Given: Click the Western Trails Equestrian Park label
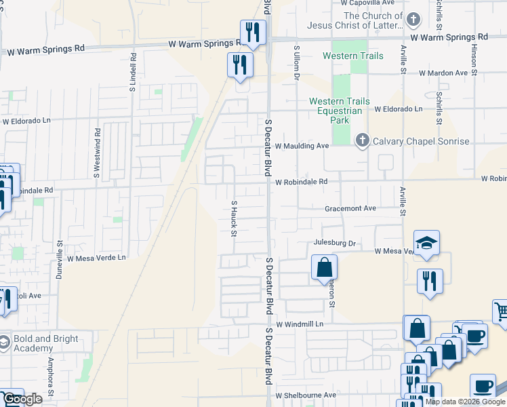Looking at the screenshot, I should point(340,111).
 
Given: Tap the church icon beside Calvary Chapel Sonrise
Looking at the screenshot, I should point(362,140).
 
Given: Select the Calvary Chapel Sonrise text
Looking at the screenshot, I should point(421,141).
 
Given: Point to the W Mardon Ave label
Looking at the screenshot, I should point(443,73).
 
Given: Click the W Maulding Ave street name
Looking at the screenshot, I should point(302,146).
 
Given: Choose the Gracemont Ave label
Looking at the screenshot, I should point(350,208).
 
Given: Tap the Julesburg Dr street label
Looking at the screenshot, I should point(335,243).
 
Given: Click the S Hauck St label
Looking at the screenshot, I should point(234,218).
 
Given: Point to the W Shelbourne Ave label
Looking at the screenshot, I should point(306,395).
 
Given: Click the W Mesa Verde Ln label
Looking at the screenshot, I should point(96,258).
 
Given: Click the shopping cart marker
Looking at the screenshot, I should point(501,311).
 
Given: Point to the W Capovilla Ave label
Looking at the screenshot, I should point(371,3).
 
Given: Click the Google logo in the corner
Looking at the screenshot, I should point(22,399).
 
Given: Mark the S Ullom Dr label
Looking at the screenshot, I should point(296,63).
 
